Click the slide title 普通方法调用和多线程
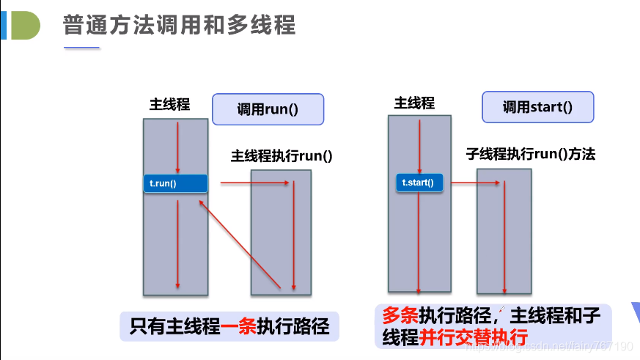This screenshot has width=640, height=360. click(x=179, y=26)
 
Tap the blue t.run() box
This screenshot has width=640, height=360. click(x=175, y=183)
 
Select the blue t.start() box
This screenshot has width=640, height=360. click(x=419, y=183)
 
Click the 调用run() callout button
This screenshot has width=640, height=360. click(x=268, y=109)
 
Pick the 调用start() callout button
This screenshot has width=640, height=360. click(x=537, y=107)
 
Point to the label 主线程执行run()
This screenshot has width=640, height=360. click(x=282, y=155)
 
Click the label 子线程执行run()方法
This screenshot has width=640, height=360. click(x=530, y=154)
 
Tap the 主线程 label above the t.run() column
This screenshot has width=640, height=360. click(x=169, y=104)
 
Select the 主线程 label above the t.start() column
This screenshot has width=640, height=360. click(x=414, y=103)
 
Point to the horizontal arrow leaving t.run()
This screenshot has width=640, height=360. click(x=253, y=183)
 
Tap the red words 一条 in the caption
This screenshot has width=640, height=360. click(x=238, y=325)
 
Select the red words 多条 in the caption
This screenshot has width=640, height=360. click(x=400, y=316)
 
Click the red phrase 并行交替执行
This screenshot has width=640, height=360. click(x=474, y=338)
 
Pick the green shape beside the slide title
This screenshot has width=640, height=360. click(x=25, y=25)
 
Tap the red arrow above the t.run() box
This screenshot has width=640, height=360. click(x=177, y=147)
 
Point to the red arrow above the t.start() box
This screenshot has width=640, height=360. click(x=419, y=146)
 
